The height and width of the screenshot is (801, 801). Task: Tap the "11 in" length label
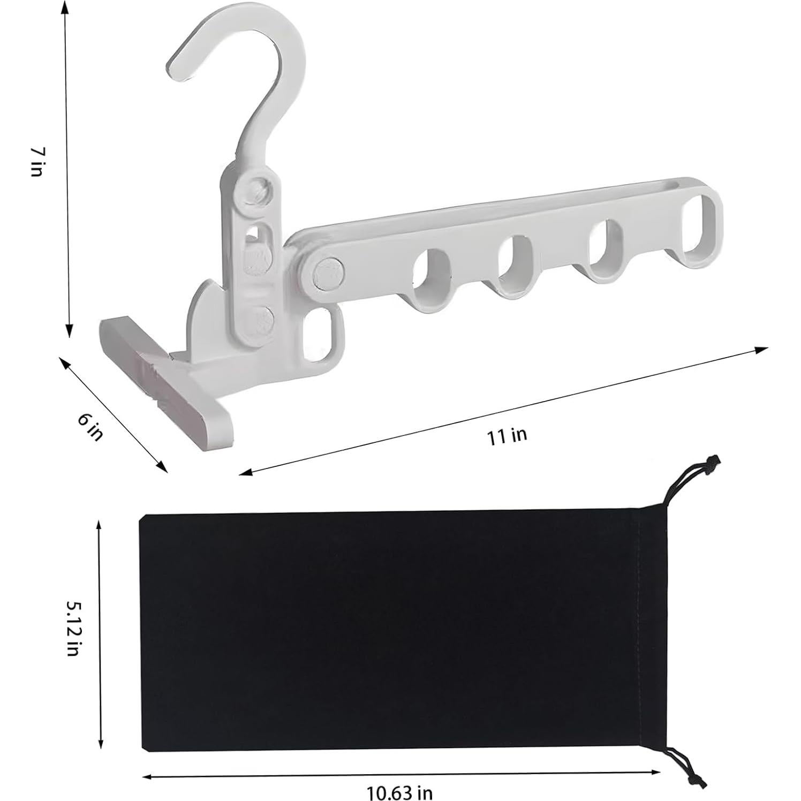click(506, 436)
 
